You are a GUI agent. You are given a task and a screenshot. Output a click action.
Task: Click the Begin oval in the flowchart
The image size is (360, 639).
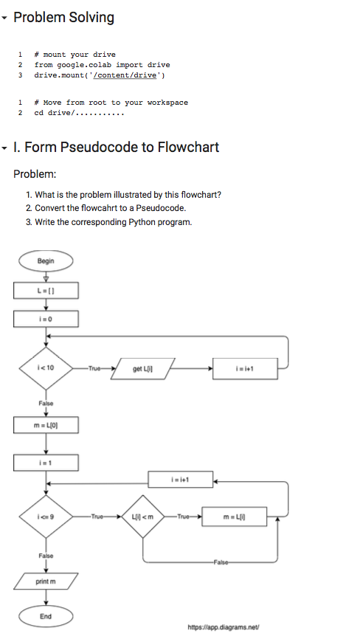46,260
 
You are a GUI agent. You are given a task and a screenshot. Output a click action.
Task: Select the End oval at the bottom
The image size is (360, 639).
46,615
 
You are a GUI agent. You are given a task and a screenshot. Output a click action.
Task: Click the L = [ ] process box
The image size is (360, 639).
46,291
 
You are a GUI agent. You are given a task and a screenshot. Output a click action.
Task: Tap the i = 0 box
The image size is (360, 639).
46,319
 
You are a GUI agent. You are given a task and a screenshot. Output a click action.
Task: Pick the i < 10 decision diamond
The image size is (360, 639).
46,367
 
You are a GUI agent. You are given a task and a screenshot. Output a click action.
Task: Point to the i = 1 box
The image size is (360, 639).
46,462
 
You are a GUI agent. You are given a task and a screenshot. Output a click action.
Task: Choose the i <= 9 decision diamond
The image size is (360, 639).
46,517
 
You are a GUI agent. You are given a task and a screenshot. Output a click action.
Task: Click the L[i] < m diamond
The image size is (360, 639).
143,517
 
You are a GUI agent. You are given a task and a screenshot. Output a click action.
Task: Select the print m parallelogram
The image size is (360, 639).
46,581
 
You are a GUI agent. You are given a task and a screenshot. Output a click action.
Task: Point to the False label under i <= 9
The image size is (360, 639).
46,554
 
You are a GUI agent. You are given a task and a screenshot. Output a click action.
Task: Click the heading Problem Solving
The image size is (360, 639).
63,17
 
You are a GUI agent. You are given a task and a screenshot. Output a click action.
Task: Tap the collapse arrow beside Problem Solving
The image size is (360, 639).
6,18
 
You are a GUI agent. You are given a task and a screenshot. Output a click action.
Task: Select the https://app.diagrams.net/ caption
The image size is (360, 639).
224,626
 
